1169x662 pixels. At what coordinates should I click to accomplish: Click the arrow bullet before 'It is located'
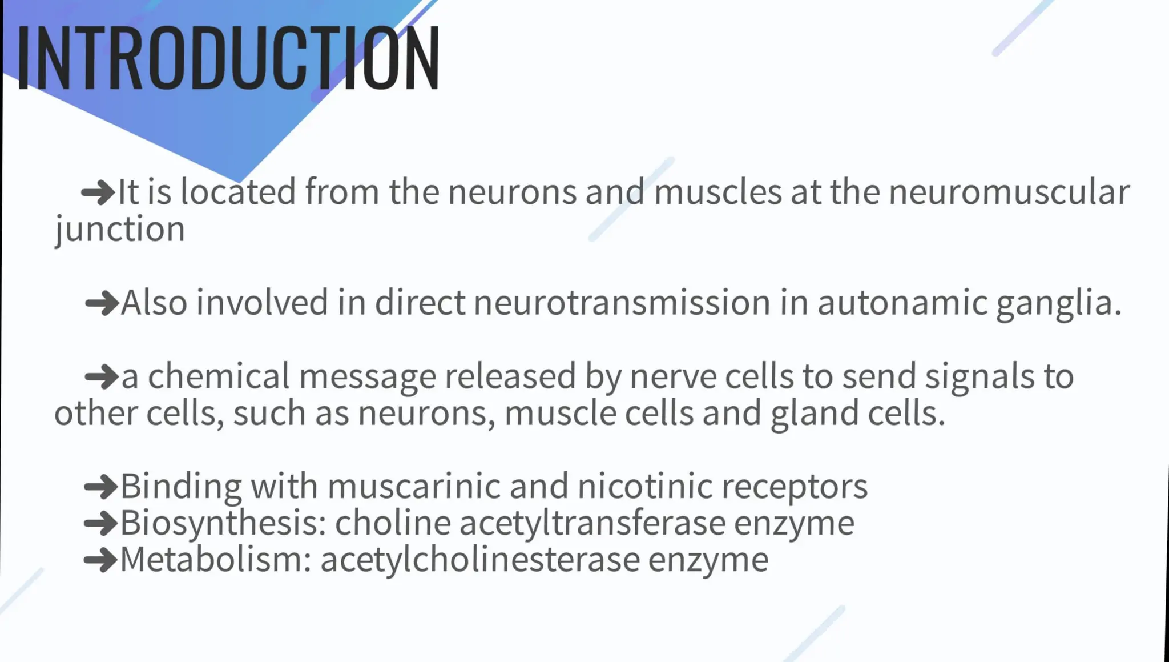98,192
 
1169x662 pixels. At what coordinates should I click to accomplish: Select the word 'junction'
120,230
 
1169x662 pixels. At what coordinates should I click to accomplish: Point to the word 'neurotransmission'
622,302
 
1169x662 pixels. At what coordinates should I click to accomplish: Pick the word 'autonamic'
902,302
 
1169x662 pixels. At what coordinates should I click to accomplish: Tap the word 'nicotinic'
645,487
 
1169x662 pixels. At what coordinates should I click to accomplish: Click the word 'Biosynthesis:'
223,524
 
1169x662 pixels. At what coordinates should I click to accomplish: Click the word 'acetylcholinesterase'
479,560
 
